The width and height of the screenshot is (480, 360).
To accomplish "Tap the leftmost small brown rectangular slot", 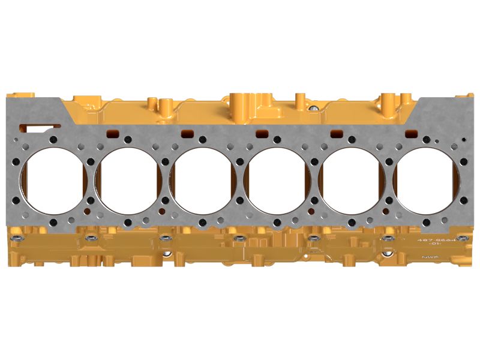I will [x=112, y=133].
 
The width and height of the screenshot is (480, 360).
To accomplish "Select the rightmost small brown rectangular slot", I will [x=412, y=133].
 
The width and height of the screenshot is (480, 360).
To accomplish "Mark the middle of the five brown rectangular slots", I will [x=262, y=133].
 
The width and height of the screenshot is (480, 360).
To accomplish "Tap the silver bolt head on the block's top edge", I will [x=313, y=109].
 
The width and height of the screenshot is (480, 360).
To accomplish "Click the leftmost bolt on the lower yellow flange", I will [x=19, y=239].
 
